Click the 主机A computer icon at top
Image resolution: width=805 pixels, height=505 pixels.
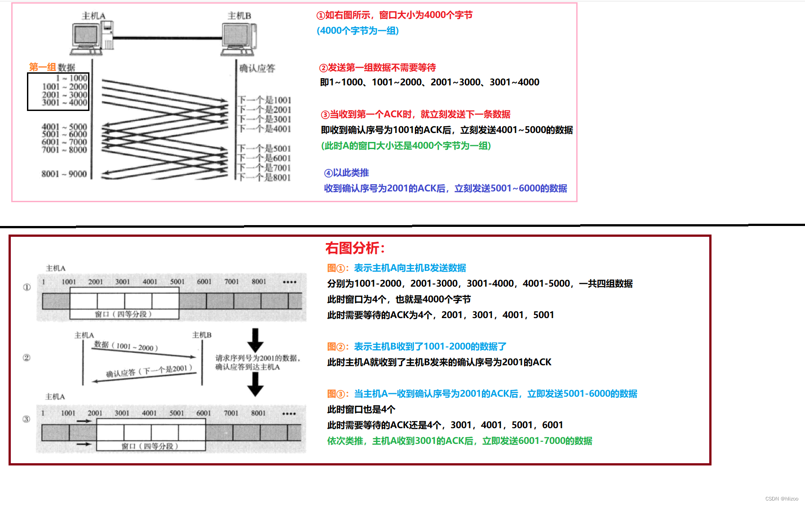click(x=93, y=38)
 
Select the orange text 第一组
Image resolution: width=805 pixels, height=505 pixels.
click(x=42, y=67)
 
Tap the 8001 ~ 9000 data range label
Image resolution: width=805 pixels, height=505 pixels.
click(x=64, y=174)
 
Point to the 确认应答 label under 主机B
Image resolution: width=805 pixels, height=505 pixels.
click(x=257, y=68)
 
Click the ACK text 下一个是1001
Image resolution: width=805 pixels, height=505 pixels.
click(x=265, y=100)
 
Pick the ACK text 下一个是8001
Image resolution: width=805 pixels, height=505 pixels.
click(x=265, y=177)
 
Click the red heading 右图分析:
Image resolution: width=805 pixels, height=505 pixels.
click(x=355, y=248)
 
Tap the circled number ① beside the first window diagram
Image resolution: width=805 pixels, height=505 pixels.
click(x=27, y=287)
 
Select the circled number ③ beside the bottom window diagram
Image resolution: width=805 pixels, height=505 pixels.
click(x=27, y=419)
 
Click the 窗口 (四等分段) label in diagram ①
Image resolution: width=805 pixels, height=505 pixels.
click(x=123, y=314)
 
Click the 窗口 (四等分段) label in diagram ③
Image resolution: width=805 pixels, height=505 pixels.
click(x=150, y=446)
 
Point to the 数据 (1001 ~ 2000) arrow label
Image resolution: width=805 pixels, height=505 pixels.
click(x=126, y=346)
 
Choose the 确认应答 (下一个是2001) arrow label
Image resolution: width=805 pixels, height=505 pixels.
click(x=149, y=371)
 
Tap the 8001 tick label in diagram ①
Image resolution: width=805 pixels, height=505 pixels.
click(x=259, y=282)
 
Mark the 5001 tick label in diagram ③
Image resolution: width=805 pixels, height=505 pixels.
click(x=177, y=413)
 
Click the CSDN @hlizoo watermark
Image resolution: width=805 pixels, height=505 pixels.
click(x=782, y=499)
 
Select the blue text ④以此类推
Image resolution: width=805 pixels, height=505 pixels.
click(x=347, y=173)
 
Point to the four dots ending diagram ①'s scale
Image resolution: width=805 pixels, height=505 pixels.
click(x=289, y=282)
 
